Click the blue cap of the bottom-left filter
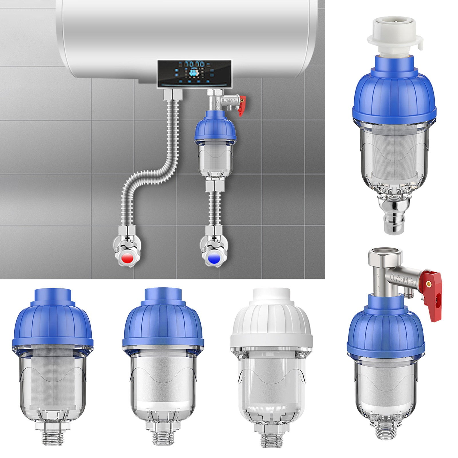tap(53, 323)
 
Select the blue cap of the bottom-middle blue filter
tap(163, 323)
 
